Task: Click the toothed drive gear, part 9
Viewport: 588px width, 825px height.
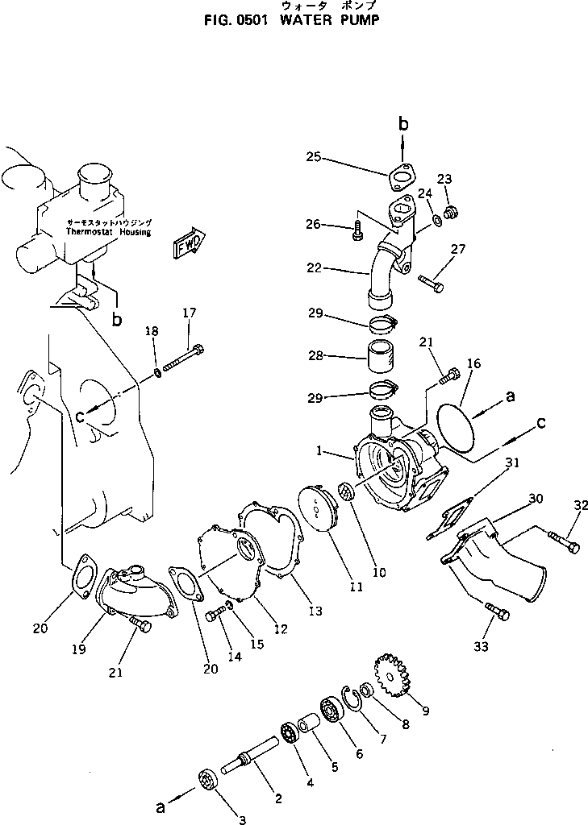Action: tap(392, 670)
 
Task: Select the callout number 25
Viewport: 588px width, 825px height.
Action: tap(313, 157)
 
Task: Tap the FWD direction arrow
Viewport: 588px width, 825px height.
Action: tap(188, 243)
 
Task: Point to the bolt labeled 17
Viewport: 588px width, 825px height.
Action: tap(185, 359)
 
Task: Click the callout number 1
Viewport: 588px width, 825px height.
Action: tap(322, 452)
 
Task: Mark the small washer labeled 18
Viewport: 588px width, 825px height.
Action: tap(156, 373)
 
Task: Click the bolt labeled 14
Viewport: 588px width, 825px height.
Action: tap(215, 616)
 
